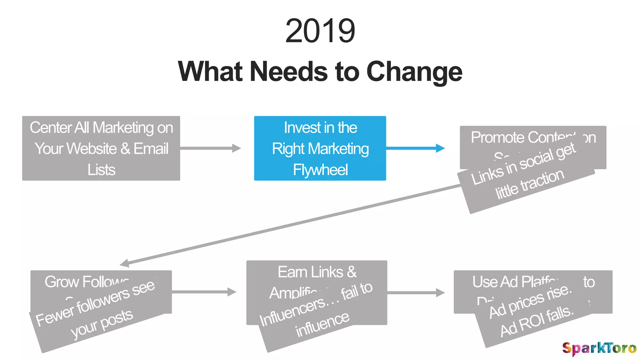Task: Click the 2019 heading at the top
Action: click(x=320, y=31)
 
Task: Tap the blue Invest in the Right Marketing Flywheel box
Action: click(x=320, y=148)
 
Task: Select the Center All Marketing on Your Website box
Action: click(x=101, y=148)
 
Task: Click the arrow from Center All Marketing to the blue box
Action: click(x=210, y=148)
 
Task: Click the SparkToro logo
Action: click(x=599, y=348)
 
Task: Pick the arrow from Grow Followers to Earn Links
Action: click(x=204, y=292)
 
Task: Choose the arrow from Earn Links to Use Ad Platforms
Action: click(x=416, y=292)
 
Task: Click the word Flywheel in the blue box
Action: click(x=320, y=170)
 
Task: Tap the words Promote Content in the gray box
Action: click(x=522, y=137)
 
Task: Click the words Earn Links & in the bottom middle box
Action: click(x=317, y=272)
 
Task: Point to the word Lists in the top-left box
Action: click(x=101, y=170)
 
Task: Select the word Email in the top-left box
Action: click(x=151, y=148)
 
